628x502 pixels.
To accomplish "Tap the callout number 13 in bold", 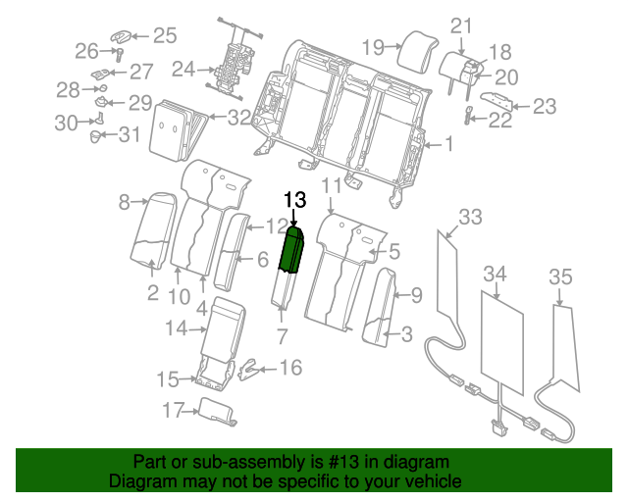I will click(295, 200).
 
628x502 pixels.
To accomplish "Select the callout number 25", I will click(164, 36).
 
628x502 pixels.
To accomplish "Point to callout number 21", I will click(461, 26).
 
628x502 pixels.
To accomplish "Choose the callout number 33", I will click(471, 216).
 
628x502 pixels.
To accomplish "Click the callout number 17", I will click(173, 411).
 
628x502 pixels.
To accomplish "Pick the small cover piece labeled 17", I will click(216, 412).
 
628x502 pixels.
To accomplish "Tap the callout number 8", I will click(125, 203).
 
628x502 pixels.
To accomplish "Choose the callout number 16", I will click(291, 368).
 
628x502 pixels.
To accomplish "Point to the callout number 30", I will click(66, 123).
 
